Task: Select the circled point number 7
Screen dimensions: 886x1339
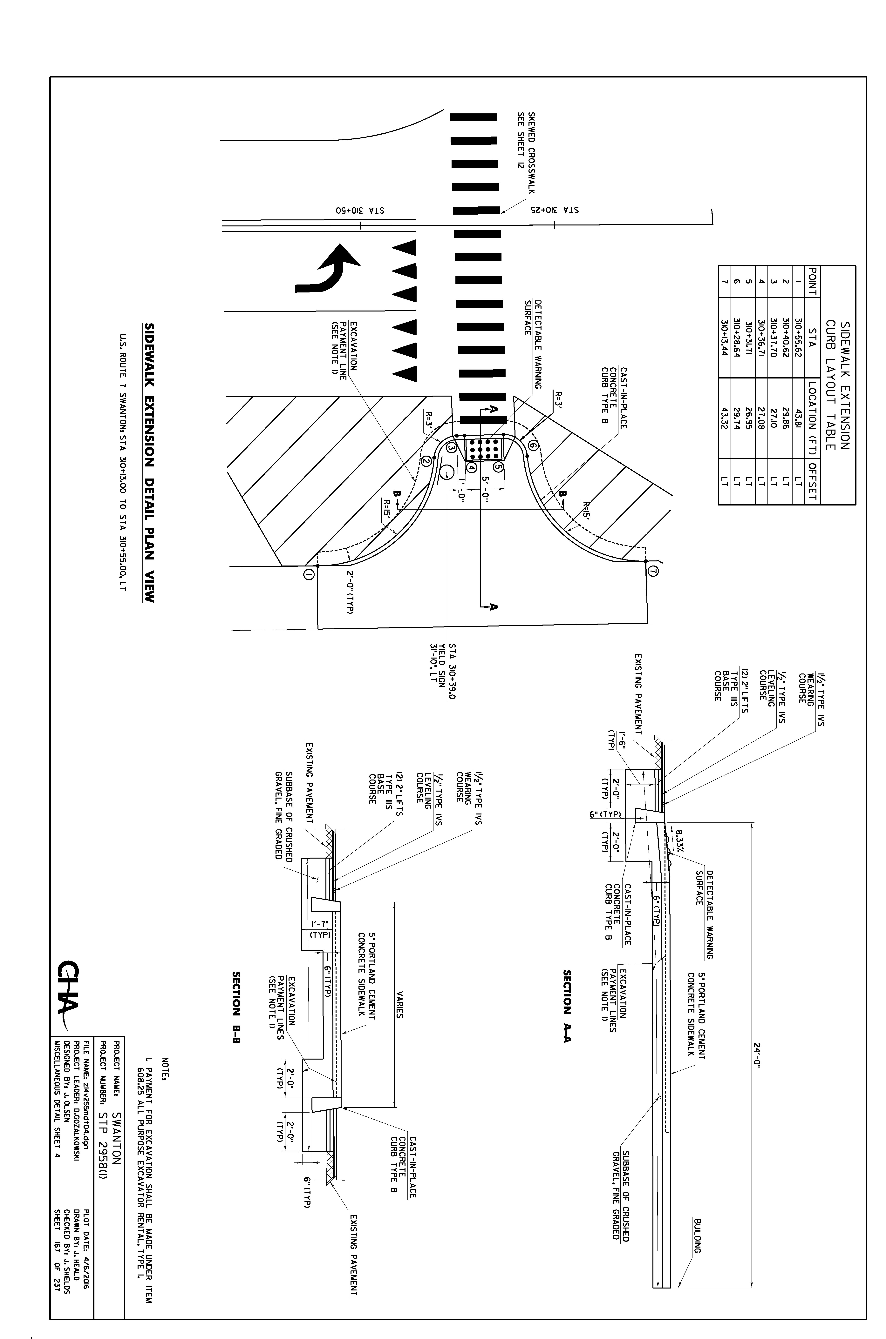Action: coord(654,572)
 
